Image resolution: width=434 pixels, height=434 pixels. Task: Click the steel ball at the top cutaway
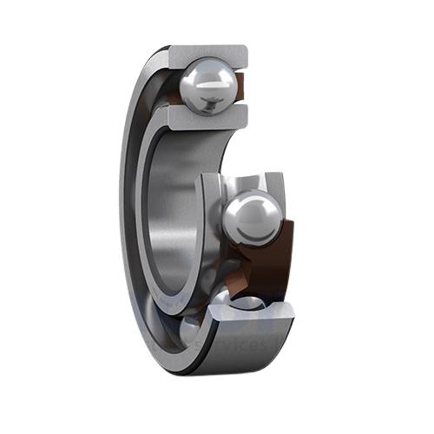coord(207,85)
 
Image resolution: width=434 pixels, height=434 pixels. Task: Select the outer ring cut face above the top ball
coord(208,53)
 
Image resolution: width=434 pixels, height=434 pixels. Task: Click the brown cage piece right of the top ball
coord(241,87)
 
